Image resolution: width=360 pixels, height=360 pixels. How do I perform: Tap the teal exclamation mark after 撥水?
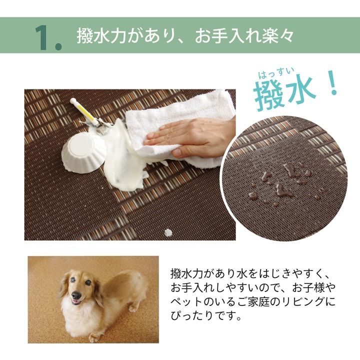pyautogui.click(x=331, y=86)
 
